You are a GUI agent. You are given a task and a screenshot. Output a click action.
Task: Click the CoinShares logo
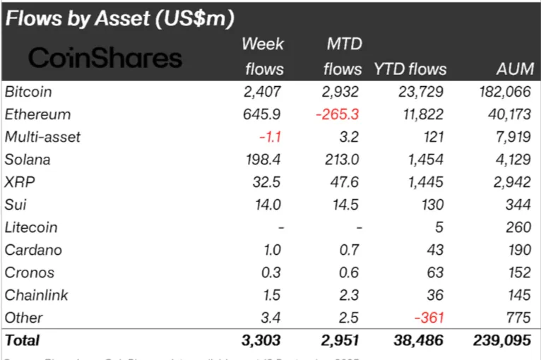click(105, 58)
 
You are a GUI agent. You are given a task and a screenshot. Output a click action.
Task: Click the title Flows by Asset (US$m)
click(120, 18)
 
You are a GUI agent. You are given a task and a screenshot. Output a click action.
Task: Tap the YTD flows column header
click(410, 69)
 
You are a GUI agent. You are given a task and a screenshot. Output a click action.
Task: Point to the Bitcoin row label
click(28, 92)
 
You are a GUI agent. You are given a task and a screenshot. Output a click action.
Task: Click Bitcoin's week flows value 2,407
click(262, 92)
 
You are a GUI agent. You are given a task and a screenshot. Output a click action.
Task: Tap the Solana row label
click(28, 160)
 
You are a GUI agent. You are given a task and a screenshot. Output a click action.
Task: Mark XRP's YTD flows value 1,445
click(425, 182)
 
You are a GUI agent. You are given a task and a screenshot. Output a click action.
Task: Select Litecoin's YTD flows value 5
click(439, 227)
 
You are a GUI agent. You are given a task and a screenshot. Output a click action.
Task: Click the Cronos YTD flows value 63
click(434, 272)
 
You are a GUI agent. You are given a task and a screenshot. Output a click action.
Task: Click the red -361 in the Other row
click(429, 318)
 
